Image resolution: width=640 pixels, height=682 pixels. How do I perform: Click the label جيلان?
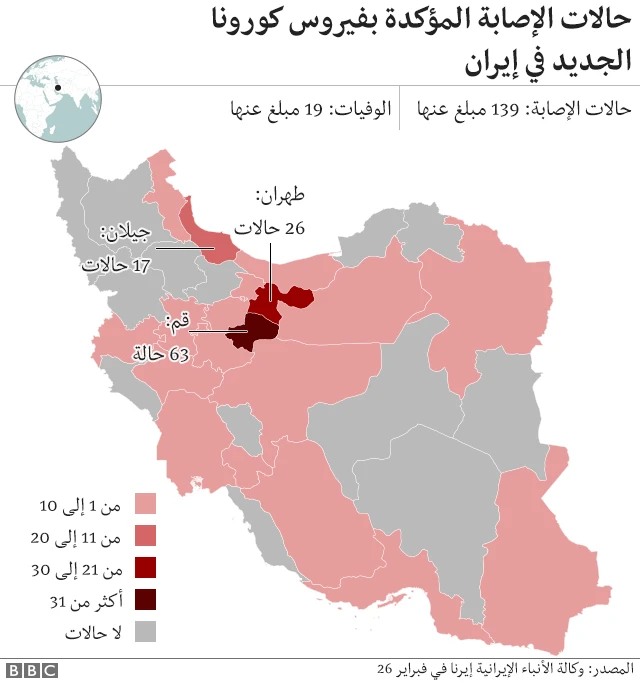coord(126,236)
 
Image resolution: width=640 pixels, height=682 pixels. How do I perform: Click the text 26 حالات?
coord(268,228)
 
